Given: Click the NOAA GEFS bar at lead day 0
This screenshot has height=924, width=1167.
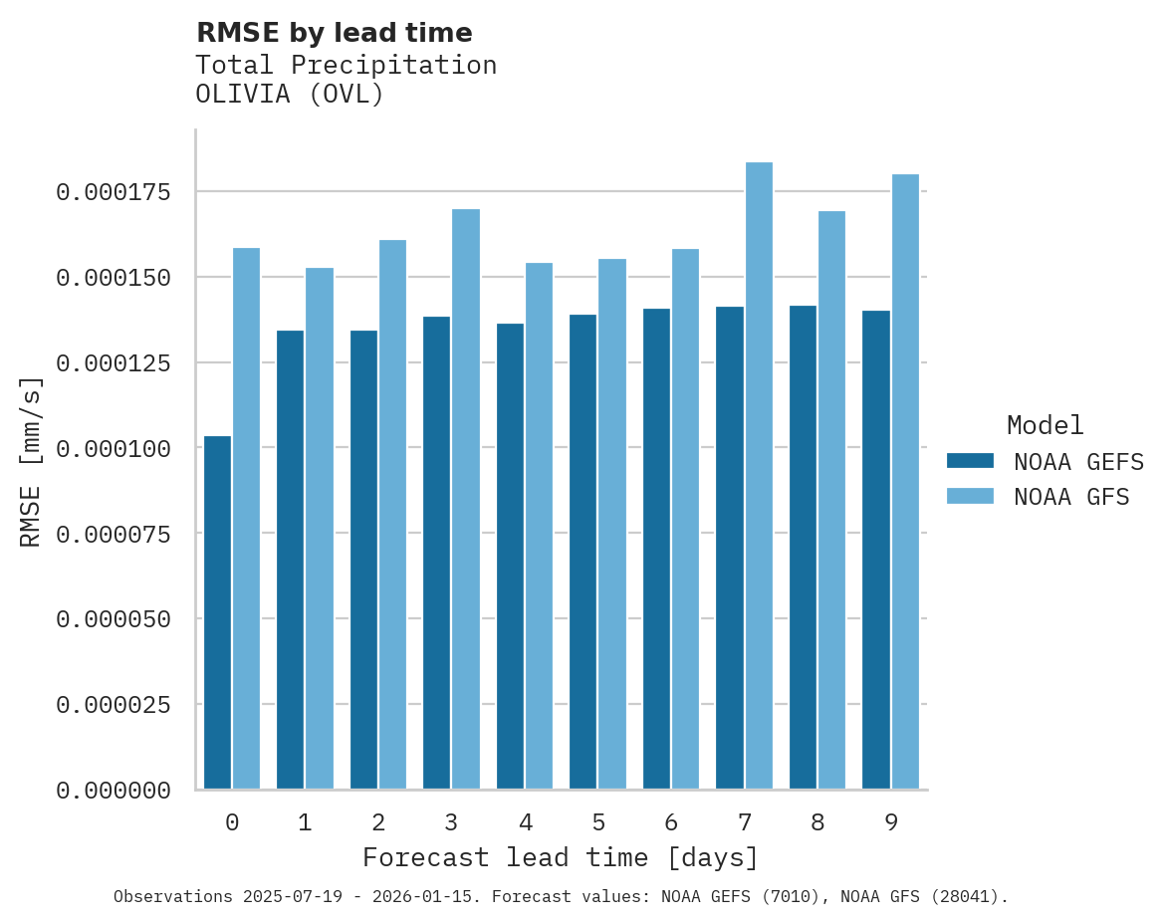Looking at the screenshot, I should (217, 612).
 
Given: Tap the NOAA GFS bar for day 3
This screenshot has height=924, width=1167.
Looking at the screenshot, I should (466, 499).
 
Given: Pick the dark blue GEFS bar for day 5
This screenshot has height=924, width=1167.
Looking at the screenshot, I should (583, 552).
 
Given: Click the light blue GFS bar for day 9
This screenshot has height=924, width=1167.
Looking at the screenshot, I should (905, 482).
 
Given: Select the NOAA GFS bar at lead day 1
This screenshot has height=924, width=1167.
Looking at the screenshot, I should (320, 528).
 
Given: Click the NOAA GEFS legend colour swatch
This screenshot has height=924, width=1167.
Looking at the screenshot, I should (970, 461).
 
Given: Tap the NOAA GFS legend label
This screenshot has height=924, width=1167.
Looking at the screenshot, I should (1071, 497).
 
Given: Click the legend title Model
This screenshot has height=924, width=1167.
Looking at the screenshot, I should (1045, 425).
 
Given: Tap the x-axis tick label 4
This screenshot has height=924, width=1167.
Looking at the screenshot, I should (525, 822).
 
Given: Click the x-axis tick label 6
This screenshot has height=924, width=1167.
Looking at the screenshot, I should (671, 822).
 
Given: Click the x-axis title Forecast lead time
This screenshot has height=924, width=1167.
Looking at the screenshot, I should (561, 857).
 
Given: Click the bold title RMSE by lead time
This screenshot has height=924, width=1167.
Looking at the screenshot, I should (334, 33).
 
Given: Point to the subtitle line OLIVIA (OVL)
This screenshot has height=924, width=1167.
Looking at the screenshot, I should (289, 95).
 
